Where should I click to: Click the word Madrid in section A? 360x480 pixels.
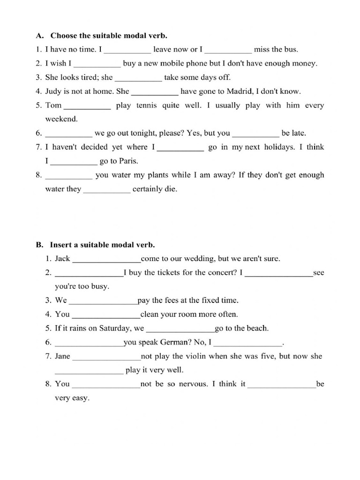coord(241,91)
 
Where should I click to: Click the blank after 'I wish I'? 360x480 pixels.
coord(97,64)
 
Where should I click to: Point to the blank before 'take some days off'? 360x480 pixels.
coord(138,78)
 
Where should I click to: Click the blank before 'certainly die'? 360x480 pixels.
coord(107,190)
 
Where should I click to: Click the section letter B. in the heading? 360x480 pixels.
coord(39,245)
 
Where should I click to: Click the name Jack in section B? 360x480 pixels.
coord(62,258)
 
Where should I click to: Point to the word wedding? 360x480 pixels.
coord(199,258)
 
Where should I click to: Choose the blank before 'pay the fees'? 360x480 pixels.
coord(103,300)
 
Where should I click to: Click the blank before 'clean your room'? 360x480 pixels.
coord(106,315)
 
